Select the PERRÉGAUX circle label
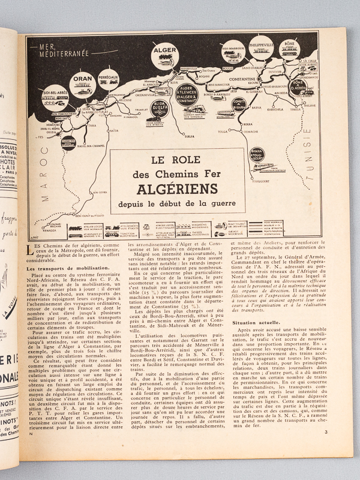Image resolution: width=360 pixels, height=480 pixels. click(108, 78)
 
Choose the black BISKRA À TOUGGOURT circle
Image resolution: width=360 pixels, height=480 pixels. click(257, 155)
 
